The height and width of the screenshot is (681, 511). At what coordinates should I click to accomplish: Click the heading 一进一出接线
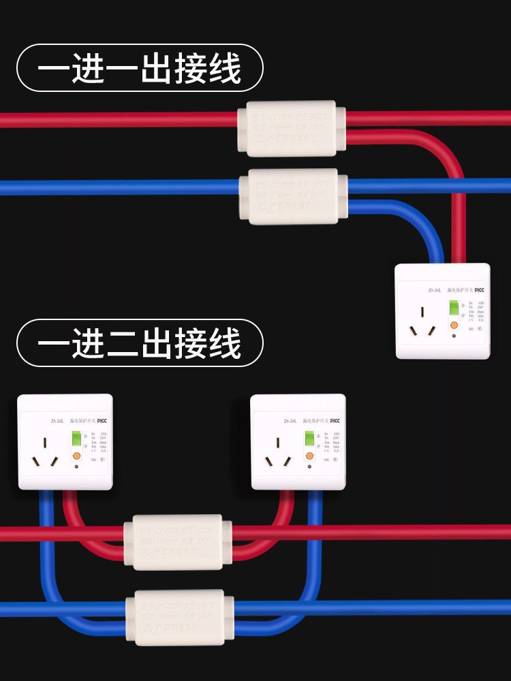(140, 69)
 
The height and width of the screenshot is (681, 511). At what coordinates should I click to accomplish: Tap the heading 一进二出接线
(140, 343)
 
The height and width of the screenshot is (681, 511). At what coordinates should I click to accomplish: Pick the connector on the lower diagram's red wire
(178, 541)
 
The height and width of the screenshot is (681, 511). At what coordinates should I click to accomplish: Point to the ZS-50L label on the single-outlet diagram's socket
(435, 290)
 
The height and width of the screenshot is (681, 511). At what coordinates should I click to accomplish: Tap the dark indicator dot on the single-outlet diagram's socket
(453, 336)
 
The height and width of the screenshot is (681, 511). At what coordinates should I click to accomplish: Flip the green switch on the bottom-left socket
(76, 441)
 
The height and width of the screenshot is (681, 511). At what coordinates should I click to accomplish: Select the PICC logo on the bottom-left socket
(102, 421)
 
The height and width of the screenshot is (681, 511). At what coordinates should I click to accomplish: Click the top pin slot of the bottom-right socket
(278, 443)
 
